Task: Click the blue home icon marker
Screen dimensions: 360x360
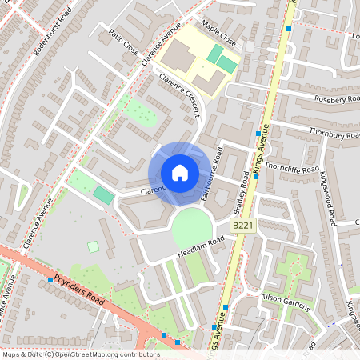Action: click(x=179, y=172)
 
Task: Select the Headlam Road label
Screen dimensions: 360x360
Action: click(x=202, y=246)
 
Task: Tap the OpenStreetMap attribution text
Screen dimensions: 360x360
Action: click(x=81, y=354)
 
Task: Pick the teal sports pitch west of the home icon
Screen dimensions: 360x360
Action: click(x=103, y=194)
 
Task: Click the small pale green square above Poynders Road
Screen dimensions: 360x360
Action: click(x=93, y=246)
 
